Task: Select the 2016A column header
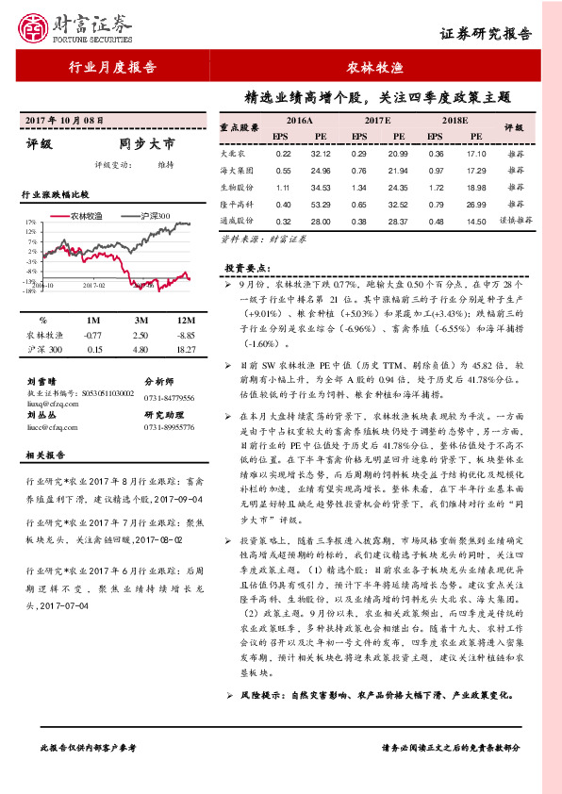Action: coord(300,122)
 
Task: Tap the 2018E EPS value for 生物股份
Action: coord(436,187)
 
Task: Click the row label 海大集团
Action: coord(237,171)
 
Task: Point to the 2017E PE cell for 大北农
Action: coord(397,154)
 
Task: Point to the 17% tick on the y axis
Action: coord(30,223)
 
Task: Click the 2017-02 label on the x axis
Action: coord(92,283)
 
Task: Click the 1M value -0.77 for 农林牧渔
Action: coord(92,335)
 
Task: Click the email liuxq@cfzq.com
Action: coord(48,400)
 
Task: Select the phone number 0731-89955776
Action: coord(169,426)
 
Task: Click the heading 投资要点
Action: coord(245,267)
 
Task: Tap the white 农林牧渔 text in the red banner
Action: coord(371,68)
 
